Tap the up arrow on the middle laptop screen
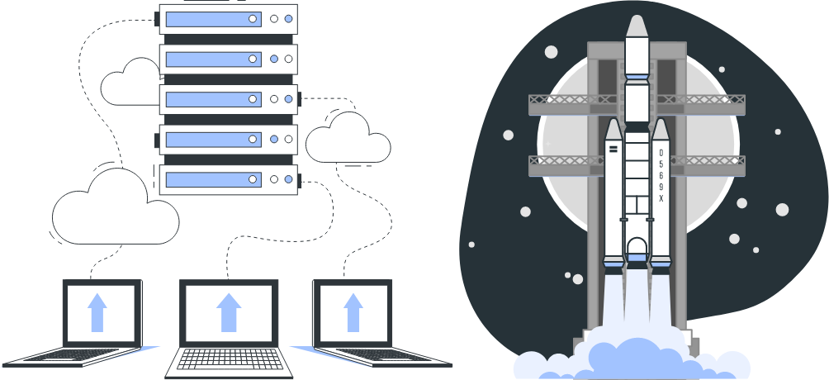229,312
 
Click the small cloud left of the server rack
130,83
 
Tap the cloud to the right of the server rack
348,140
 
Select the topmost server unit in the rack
227,19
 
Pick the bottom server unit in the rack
227,179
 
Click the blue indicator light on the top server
288,18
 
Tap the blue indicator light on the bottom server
288,179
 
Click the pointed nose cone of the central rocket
636,26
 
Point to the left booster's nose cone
613,130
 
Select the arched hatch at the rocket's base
637,247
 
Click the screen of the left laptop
100,312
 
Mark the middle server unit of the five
227,99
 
